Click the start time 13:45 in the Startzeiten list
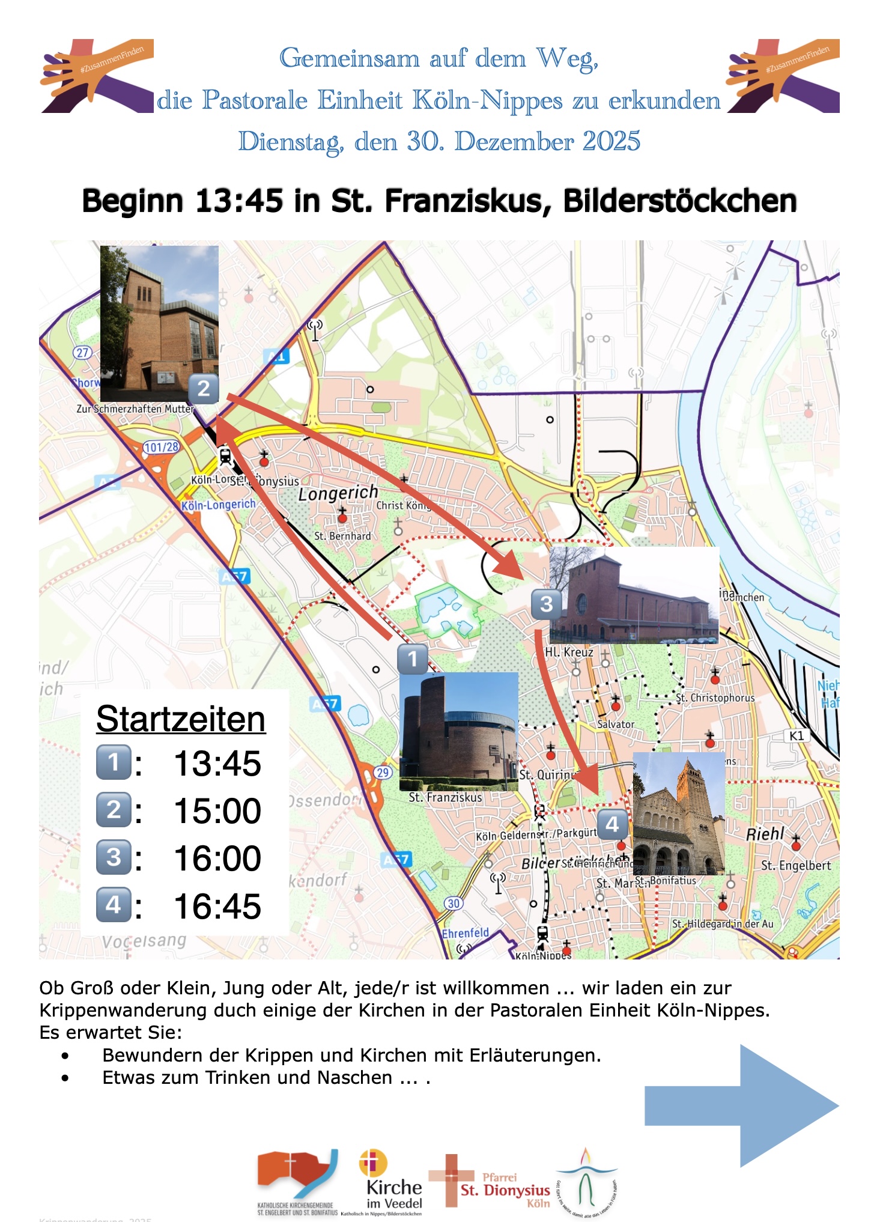click(217, 764)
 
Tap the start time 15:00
click(217, 811)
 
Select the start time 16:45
click(217, 906)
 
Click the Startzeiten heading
click(180, 719)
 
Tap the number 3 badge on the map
click(546, 604)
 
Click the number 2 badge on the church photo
click(204, 389)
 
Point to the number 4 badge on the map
click(612, 824)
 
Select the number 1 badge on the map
click(413, 659)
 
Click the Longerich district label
click(338, 494)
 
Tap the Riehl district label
click(765, 834)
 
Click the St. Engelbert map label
click(796, 866)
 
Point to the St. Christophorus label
click(715, 698)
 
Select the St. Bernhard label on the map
click(342, 536)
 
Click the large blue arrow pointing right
click(741, 1105)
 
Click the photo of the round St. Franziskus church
click(458, 731)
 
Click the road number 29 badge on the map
click(383, 773)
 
